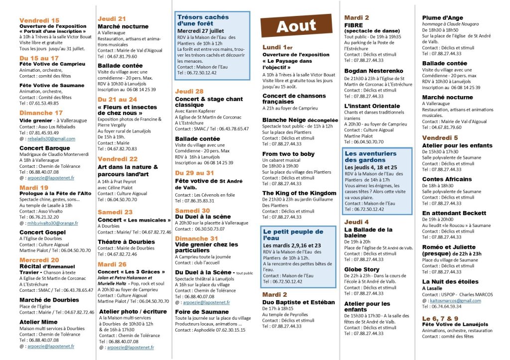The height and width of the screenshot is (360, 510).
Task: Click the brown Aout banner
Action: pyautogui.click(x=296, y=26)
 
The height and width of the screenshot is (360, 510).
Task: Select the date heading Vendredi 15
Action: pyautogui.click(x=39, y=20)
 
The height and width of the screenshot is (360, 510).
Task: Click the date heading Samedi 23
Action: pyautogui.click(x=115, y=212)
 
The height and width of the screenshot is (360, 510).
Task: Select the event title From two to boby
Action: pyautogui.click(x=288, y=154)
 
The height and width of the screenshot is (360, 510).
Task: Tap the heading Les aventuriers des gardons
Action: pyautogui.click(x=371, y=157)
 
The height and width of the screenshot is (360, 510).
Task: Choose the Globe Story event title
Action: pyautogui.click(x=362, y=269)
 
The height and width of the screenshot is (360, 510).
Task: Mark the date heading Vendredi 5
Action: pyautogui.click(x=441, y=137)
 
